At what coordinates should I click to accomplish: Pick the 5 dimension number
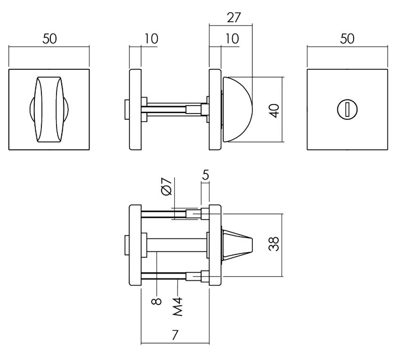[206, 175]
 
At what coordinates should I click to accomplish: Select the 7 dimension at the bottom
[175, 335]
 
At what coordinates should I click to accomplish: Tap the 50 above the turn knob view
[49, 40]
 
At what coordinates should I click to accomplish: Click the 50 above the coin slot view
[347, 40]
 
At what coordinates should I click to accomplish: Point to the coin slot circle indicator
[347, 110]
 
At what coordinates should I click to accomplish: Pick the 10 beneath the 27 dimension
[231, 40]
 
